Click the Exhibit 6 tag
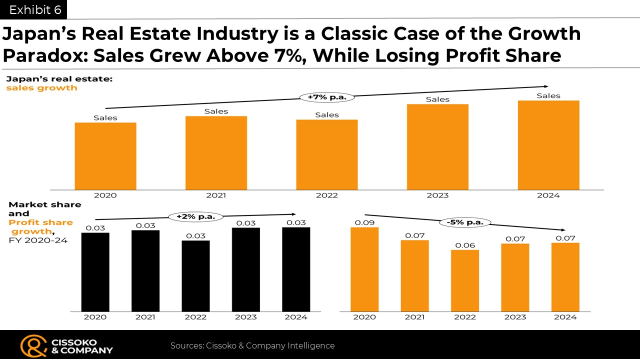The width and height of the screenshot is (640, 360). (33, 9)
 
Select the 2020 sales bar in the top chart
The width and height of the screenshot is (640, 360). (105, 156)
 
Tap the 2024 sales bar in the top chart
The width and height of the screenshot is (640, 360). (548, 145)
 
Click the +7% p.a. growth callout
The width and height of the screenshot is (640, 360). (327, 97)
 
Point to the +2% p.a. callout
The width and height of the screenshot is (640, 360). (195, 216)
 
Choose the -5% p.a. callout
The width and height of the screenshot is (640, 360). (465, 222)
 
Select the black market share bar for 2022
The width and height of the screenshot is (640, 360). (195, 276)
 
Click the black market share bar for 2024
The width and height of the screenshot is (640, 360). (296, 269)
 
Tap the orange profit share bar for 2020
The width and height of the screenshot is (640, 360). (364, 269)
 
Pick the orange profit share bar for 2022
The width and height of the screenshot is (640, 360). (465, 281)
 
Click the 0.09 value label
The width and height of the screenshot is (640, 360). (364, 222)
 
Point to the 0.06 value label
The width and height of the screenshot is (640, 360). (465, 245)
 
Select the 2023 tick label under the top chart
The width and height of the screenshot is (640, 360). (437, 195)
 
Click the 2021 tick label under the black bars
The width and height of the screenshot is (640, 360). (145, 317)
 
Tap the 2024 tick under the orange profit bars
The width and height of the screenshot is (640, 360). (565, 317)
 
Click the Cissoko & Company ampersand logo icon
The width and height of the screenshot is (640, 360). (33, 346)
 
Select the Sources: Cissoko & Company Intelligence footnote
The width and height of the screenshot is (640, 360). (252, 345)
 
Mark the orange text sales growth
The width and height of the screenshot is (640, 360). (41, 87)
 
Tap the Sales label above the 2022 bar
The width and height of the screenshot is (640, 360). (327, 115)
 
